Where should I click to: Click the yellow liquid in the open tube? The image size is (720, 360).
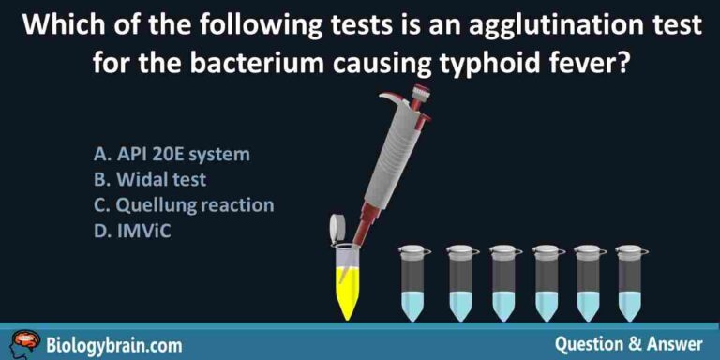coord(348,292)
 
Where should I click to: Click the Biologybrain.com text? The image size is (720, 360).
coord(106,344)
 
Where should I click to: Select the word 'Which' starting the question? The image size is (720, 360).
coord(55,24)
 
